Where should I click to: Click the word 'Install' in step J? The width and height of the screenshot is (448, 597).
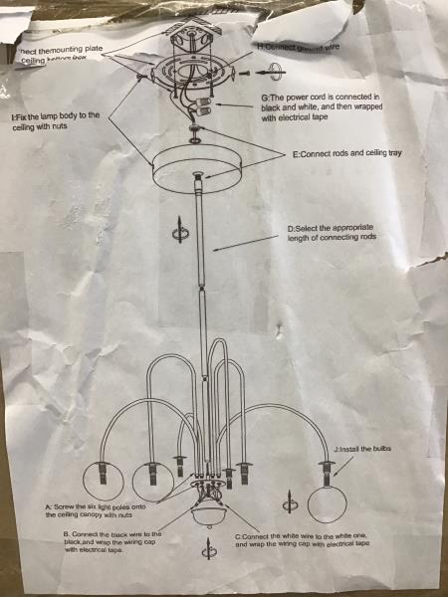[x=352, y=450]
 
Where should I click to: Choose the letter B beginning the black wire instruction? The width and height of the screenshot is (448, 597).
[x=65, y=534]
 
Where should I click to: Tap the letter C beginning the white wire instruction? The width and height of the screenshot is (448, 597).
[x=238, y=536]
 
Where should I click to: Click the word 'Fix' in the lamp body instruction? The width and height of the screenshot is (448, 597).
[x=21, y=116]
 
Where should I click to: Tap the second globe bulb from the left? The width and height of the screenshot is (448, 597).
[x=152, y=482]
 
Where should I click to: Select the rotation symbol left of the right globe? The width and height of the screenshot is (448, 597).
[x=290, y=495]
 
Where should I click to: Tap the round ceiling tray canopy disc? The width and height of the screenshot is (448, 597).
[x=198, y=169]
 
